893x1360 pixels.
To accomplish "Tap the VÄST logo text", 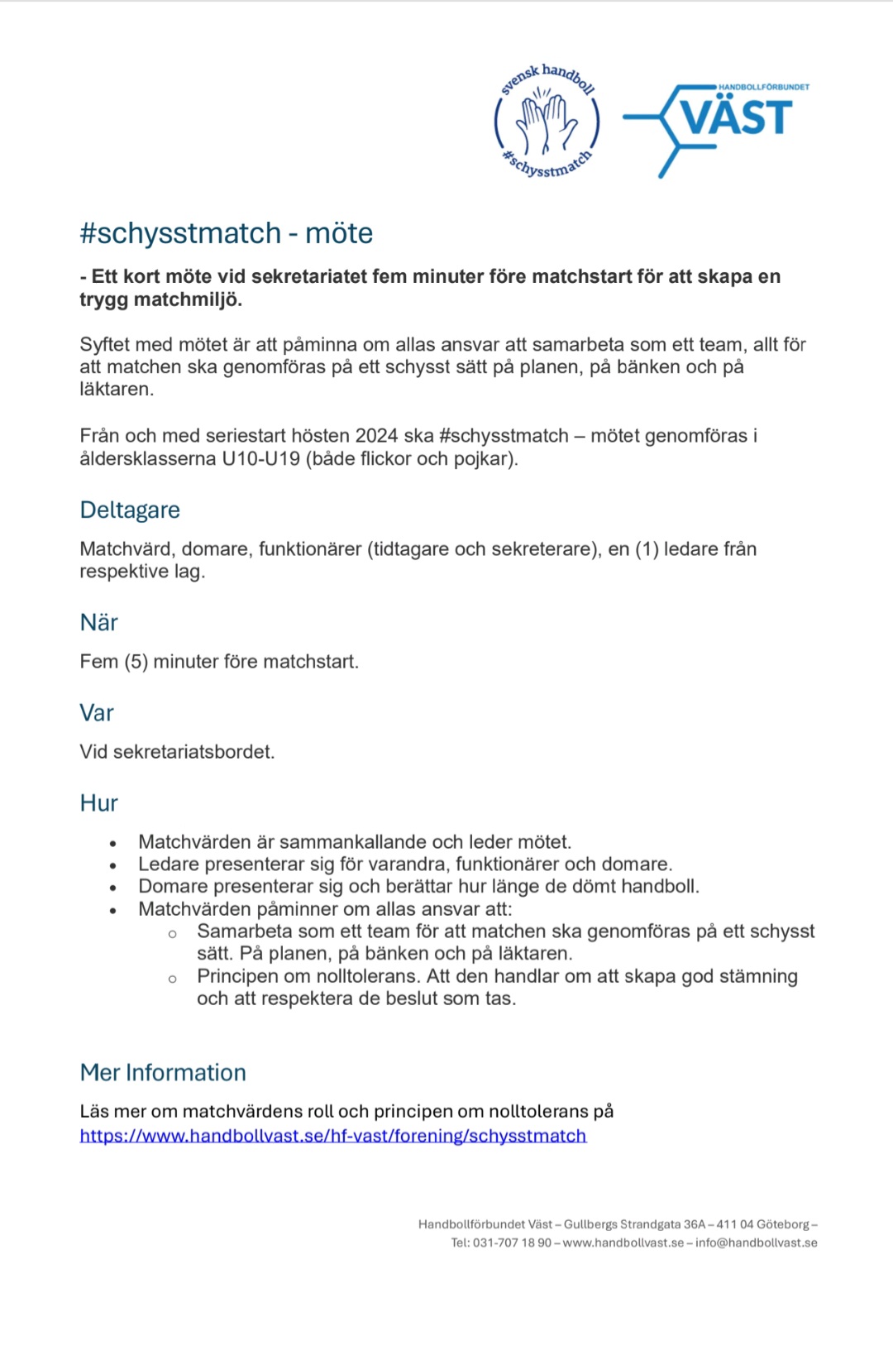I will coord(736,117).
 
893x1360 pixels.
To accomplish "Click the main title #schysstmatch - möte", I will coord(226,233).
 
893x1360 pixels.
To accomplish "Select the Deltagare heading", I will coord(130,510).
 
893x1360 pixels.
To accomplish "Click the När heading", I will coord(98,622).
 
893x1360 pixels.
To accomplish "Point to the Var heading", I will coord(96,712).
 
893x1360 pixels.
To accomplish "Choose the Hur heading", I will coord(98,802).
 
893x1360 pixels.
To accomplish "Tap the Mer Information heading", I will coord(163,1072).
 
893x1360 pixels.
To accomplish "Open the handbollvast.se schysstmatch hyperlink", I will coord(332,1135).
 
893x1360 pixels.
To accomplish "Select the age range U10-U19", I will coord(260,458).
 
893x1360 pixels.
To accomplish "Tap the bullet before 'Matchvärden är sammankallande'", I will coord(113,843).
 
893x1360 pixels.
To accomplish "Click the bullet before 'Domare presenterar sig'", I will coord(113,888).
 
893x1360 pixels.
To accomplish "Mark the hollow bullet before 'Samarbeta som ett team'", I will coord(172,934).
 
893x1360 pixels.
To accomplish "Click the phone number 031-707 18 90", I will coord(512,1243).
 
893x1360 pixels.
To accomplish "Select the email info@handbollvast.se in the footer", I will coord(756,1243).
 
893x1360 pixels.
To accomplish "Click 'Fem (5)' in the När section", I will coord(113,662).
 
